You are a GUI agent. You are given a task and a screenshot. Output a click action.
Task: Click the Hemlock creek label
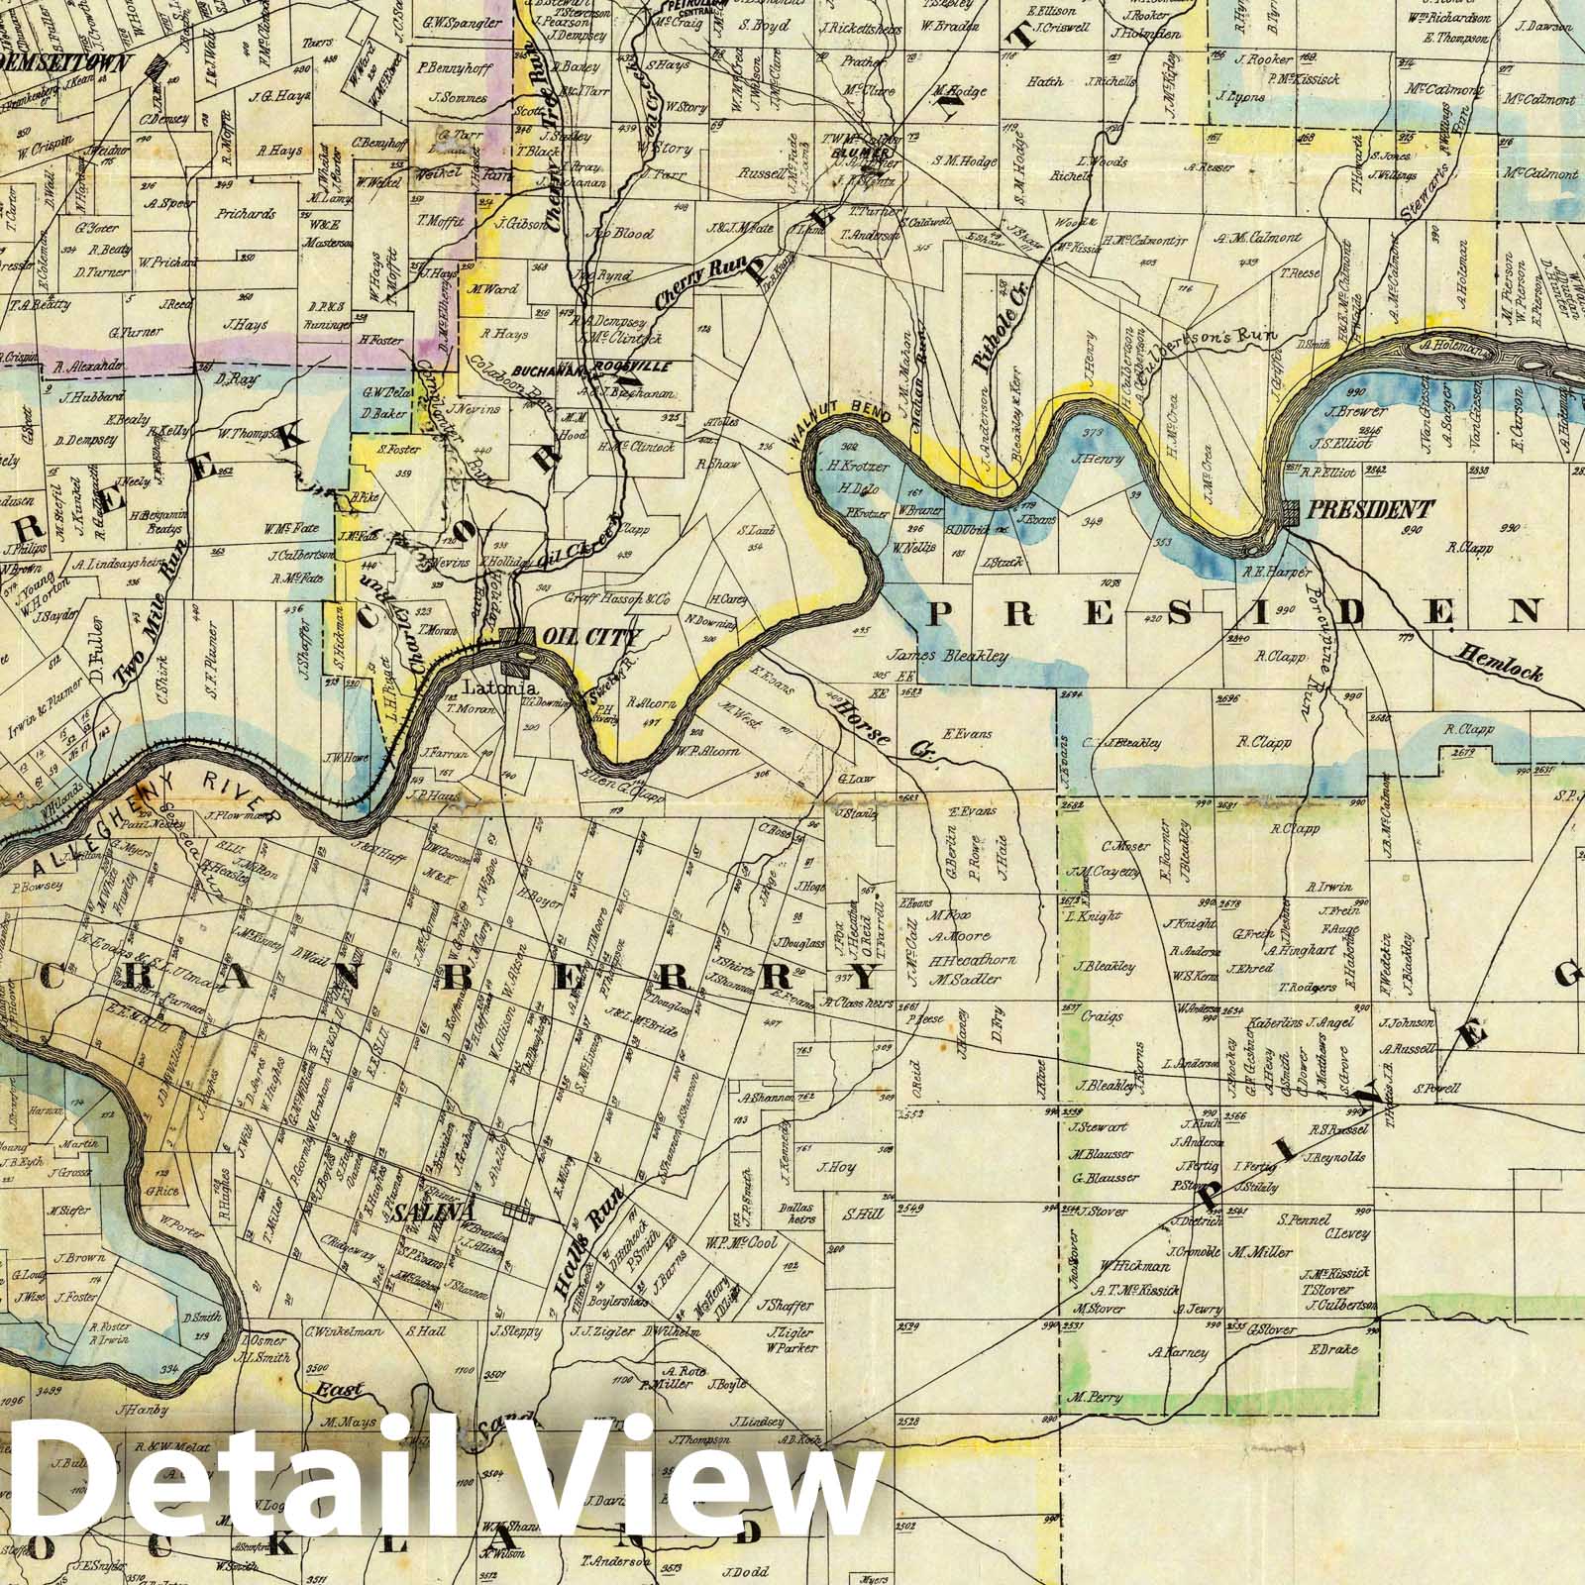pyautogui.click(x=1500, y=662)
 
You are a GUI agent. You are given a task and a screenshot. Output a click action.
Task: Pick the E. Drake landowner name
pyautogui.click(x=1331, y=1350)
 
